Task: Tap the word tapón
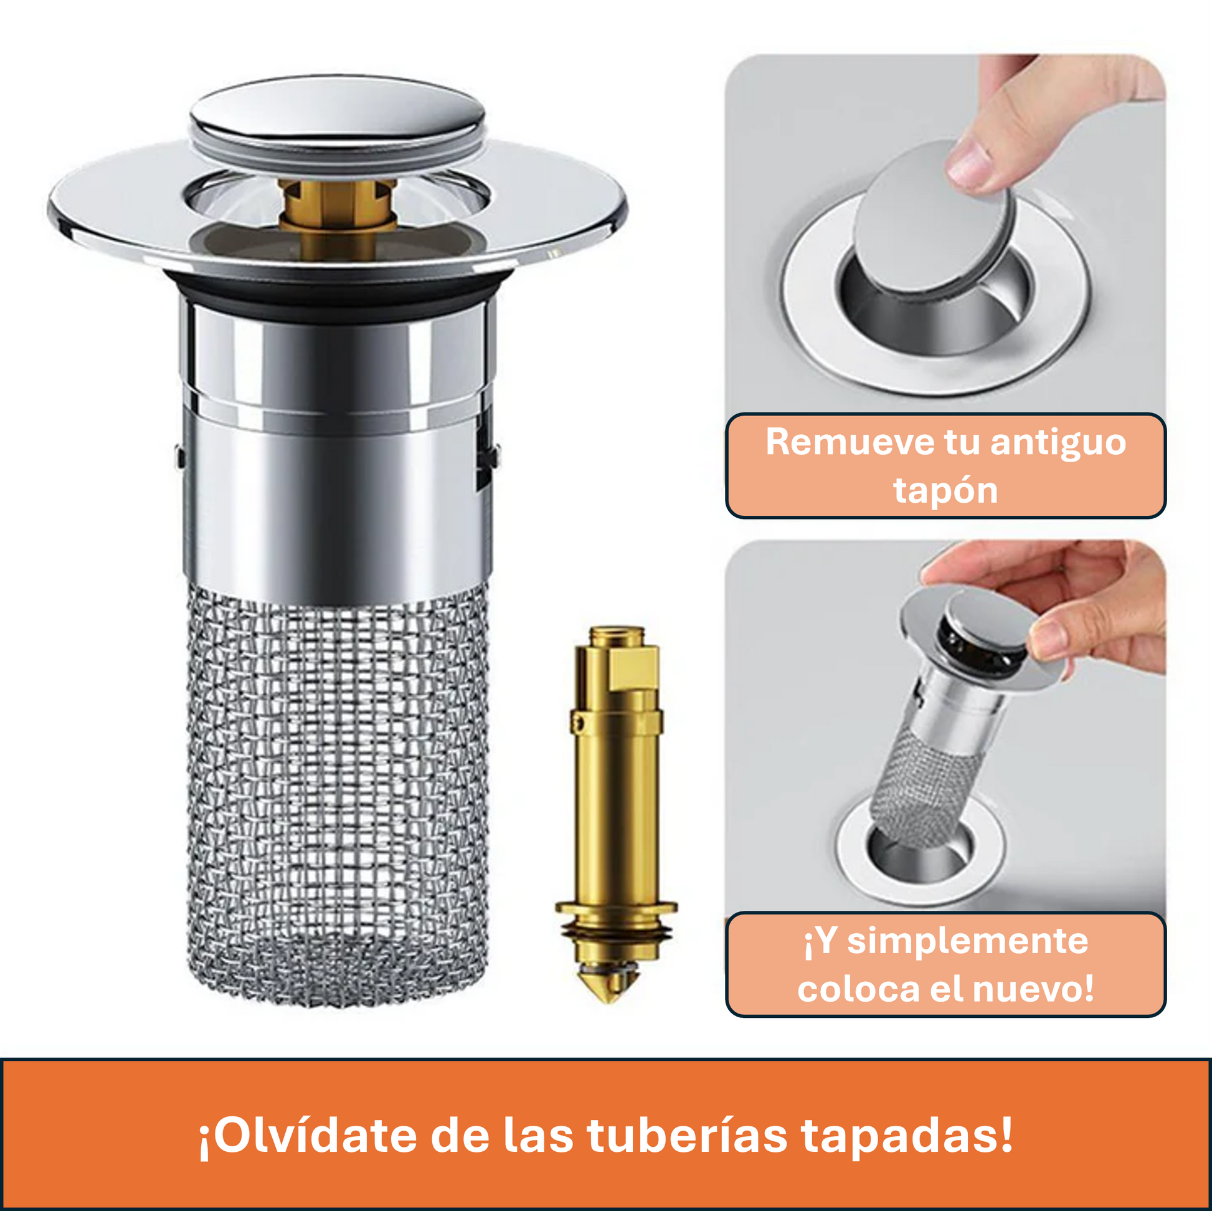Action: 945,492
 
